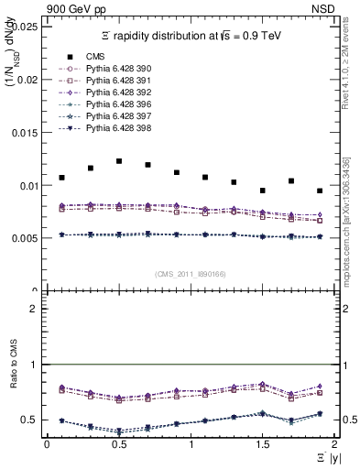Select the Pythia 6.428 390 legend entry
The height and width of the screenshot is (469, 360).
[x=109, y=70]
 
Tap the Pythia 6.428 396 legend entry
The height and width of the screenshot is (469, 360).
[x=109, y=106]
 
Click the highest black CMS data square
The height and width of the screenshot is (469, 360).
[x=119, y=161]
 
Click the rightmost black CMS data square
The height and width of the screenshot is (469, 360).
[x=320, y=191]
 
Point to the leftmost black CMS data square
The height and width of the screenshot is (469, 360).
[x=61, y=178]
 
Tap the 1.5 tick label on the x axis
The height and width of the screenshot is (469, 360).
[x=262, y=443]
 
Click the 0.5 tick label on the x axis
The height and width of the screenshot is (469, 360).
[x=118, y=443]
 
